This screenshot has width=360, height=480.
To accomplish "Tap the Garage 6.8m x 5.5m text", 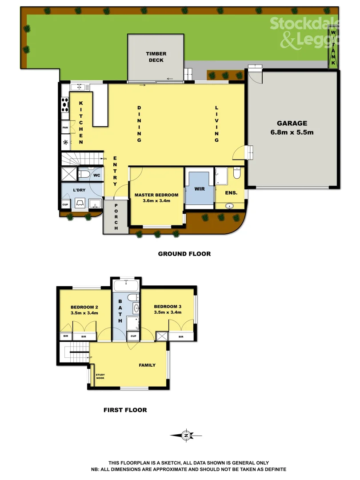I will click(x=292, y=128).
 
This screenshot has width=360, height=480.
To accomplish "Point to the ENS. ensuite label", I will click(x=231, y=193).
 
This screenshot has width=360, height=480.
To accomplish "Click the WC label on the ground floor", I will click(x=97, y=176).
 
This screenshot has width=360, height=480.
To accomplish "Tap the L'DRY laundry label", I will click(x=79, y=191).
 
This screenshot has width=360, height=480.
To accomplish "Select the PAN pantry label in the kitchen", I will click(x=65, y=128).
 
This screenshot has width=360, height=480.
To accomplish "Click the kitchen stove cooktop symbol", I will click(x=65, y=106).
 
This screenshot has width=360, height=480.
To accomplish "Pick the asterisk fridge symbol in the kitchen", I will click(x=66, y=143).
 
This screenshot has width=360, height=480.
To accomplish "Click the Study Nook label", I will click(x=100, y=376).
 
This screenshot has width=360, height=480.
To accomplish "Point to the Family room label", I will click(x=147, y=365).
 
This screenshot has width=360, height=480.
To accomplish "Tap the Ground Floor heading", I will click(x=184, y=254).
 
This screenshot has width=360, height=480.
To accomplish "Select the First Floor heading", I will click(x=125, y=410).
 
